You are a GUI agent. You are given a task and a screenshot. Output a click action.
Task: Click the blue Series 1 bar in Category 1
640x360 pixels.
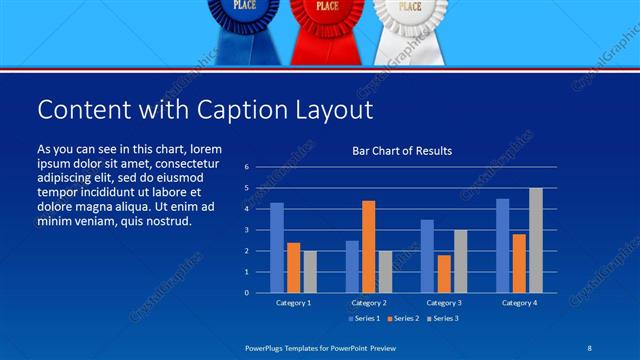(277, 248)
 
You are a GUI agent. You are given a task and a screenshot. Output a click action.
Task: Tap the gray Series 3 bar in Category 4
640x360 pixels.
(536, 240)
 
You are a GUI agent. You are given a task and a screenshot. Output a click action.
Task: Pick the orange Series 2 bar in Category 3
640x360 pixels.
(444, 274)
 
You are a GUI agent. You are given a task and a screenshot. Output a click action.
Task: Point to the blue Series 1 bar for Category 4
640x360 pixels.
(503, 246)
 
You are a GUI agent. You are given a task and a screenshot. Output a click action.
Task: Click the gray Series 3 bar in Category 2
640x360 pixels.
(386, 272)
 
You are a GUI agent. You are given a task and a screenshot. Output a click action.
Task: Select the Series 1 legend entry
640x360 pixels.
(363, 318)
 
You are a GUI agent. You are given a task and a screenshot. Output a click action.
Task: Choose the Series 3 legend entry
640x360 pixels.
(444, 318)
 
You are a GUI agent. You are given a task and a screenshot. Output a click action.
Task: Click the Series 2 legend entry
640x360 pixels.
(403, 318)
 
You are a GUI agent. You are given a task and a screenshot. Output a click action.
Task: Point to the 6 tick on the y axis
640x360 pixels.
(247, 167)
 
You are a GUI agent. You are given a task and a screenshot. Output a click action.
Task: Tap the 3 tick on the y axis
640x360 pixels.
(247, 230)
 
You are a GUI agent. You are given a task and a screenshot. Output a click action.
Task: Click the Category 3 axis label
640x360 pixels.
(443, 302)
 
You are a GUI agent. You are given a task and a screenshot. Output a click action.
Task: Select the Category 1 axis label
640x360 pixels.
(293, 302)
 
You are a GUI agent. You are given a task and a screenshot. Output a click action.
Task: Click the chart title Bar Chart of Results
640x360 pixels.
(402, 151)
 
